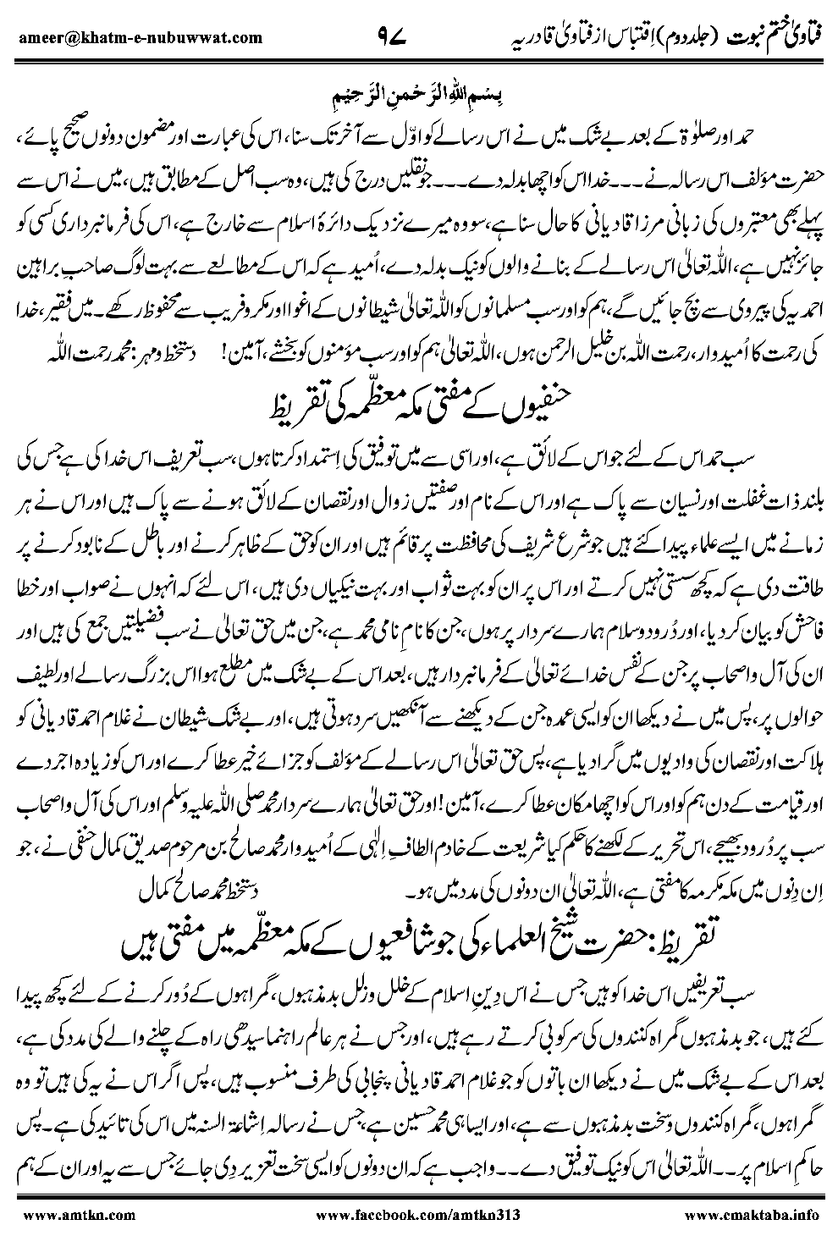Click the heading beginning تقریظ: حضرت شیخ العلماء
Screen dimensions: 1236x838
pyautogui.click(x=421, y=944)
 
